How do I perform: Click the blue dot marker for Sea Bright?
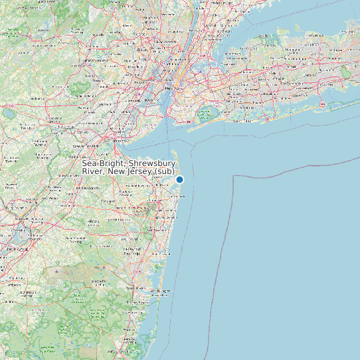pyautogui.click(x=179, y=179)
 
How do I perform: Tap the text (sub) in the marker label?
pyautogui.click(x=163, y=172)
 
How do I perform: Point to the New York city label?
pyautogui.click(x=174, y=88)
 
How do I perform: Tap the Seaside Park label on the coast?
pyautogui.click(x=161, y=291)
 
